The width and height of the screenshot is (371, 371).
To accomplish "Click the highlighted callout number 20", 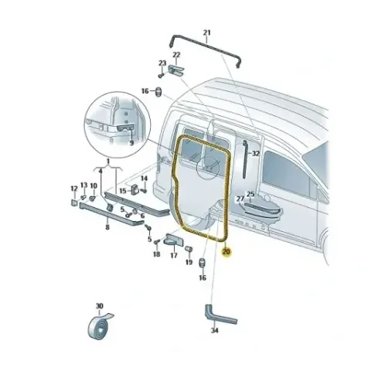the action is coord(226,251).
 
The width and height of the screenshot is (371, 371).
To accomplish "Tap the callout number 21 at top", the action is coord(207,32).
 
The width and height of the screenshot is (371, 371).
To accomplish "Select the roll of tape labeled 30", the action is coord(99,327).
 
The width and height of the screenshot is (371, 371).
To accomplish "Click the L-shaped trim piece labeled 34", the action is coord(220,315).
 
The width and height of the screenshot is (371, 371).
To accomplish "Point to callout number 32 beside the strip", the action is coord(256,154).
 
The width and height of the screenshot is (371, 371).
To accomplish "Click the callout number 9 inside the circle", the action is coord(132,142).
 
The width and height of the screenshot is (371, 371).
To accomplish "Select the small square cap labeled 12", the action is coord(74,203).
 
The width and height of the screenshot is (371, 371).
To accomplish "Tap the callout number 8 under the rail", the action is coord(107,227).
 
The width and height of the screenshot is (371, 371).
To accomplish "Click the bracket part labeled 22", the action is coord(176,70).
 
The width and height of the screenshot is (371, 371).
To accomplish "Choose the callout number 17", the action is coord(174,255).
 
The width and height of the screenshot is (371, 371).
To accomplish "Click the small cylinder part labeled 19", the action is coord(188,249).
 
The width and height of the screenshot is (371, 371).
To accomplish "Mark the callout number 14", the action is coord(144,179).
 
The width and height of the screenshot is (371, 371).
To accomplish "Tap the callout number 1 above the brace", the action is coord(108,162).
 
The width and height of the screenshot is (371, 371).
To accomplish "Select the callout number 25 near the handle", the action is coord(250,194).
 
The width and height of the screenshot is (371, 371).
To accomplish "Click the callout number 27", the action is coord(240,199).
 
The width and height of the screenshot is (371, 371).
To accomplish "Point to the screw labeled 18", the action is coord(157,242).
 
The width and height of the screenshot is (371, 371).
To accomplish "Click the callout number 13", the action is coord(84,185).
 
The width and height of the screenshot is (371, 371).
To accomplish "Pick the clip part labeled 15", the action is coord(135,190).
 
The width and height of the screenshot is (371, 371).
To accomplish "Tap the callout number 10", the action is coord(94,185).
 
